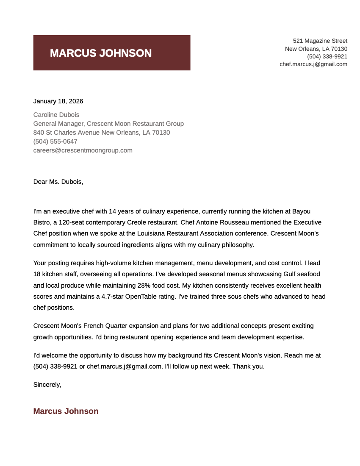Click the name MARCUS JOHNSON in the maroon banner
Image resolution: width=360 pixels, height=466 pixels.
[101, 53]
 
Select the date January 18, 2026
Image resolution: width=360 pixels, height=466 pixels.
[58, 101]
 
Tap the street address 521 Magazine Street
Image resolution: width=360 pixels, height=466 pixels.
[320, 41]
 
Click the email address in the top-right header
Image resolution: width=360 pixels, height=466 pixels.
[313, 64]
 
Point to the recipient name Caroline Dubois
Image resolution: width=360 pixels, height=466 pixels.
[56, 115]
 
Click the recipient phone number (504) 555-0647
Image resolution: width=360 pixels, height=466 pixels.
[55, 141]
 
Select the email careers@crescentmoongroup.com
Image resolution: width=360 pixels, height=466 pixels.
[83, 150]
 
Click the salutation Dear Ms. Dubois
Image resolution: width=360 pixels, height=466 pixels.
[58, 182]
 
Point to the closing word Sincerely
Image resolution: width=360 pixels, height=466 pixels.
[47, 385]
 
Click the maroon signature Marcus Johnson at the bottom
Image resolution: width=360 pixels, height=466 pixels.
[66, 411]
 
